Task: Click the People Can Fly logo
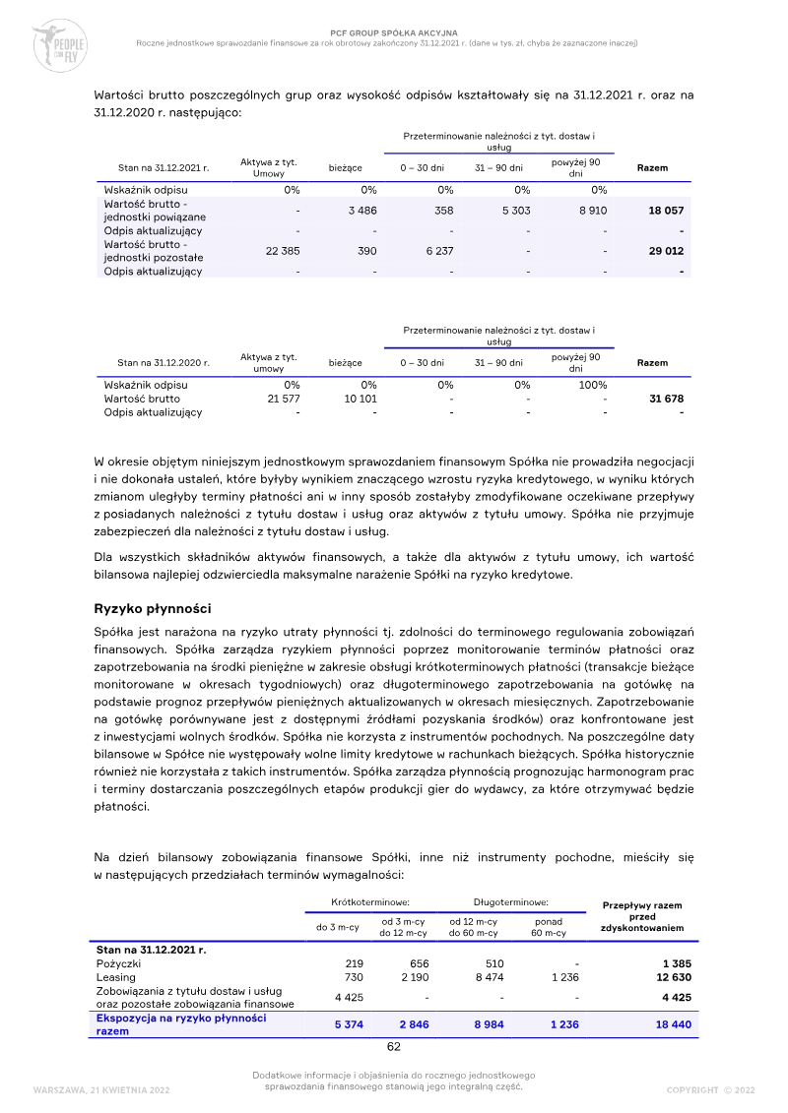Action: (x=59, y=43)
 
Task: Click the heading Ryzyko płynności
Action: (x=153, y=609)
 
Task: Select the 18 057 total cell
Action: (x=666, y=211)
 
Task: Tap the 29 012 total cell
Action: (x=666, y=251)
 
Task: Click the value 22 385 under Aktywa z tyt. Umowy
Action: (x=283, y=251)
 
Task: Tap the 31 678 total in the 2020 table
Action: (x=666, y=399)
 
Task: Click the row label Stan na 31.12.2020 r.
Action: (x=164, y=363)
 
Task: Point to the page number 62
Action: (x=393, y=1046)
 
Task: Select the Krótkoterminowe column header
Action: (x=370, y=901)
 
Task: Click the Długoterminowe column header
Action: (x=511, y=901)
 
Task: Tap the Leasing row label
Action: (x=116, y=977)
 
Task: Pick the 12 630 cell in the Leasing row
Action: (x=666, y=977)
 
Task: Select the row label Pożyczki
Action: (x=119, y=963)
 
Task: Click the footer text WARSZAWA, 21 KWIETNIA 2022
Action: (x=101, y=1089)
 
